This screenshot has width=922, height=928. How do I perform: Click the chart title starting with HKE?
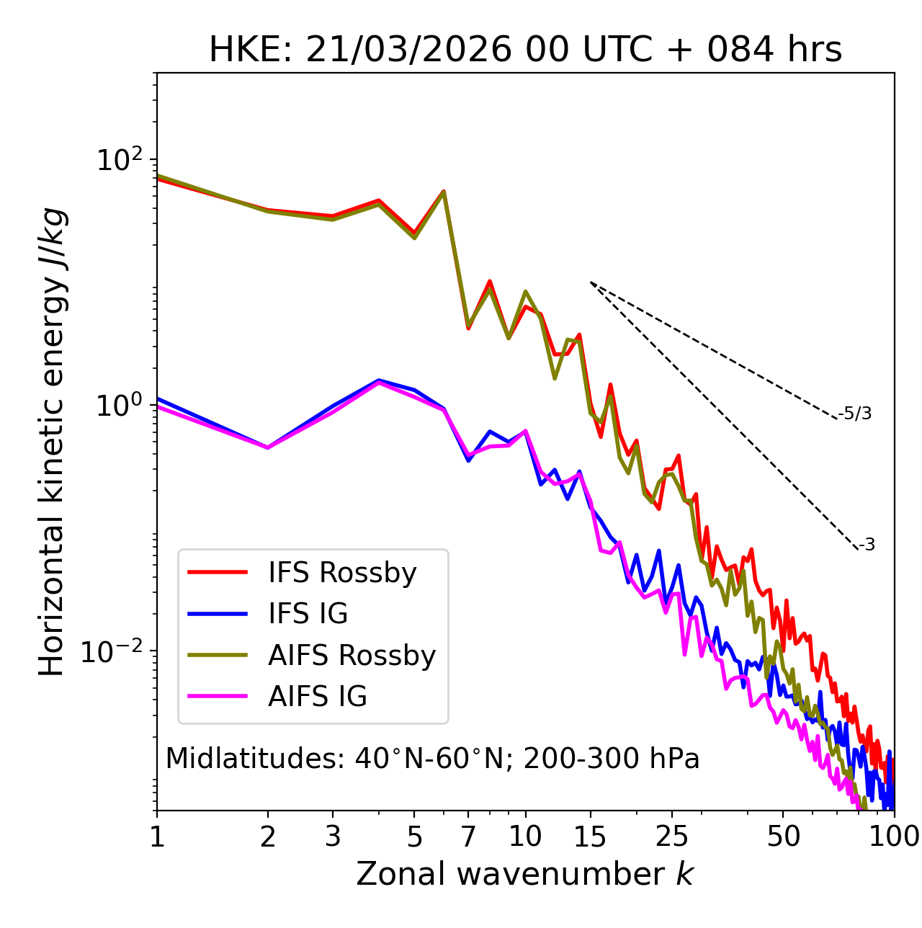pos(525,50)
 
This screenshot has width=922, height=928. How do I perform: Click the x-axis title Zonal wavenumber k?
pos(525,874)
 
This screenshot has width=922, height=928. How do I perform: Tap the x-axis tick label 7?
pos(468,836)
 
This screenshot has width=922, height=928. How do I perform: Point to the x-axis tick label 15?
pos(590,836)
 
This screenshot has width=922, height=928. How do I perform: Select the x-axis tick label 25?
pos(672,836)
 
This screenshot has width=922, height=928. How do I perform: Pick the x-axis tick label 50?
pos(783,836)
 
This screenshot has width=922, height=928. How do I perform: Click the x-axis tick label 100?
pos(894,836)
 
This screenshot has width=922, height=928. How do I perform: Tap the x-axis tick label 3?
pos(333,836)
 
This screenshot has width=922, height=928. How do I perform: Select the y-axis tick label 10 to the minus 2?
pos(115,651)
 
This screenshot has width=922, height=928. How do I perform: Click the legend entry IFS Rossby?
pos(342,573)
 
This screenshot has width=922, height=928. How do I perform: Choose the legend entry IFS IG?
pos(308,614)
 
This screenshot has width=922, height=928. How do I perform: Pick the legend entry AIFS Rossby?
pos(352,656)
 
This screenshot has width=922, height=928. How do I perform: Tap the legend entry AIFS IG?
pos(318,697)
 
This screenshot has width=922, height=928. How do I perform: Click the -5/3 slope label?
pos(855,414)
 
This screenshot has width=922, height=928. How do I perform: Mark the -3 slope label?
pos(867,545)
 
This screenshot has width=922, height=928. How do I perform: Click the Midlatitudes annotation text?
pos(432,759)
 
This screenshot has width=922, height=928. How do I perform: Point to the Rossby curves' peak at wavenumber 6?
pos(444,192)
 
